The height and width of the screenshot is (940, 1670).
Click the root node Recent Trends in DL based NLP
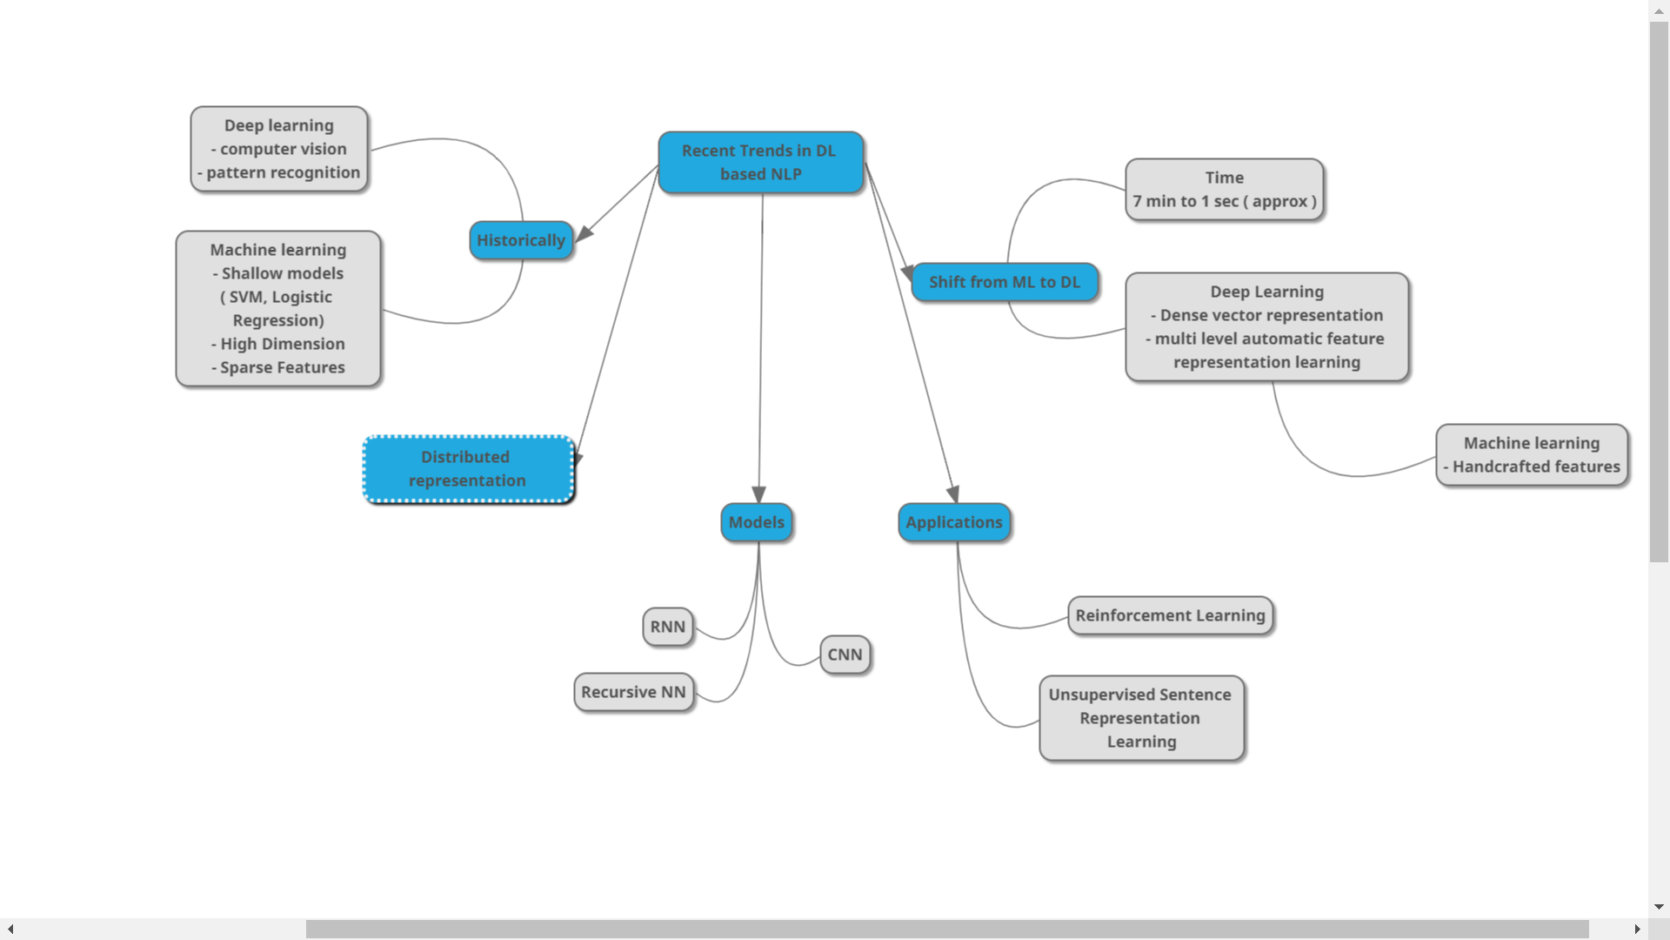760,163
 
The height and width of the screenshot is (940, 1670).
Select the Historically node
521,240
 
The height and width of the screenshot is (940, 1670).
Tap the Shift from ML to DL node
1004,282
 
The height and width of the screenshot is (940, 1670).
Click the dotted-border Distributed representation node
468,469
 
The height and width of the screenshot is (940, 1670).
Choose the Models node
756,522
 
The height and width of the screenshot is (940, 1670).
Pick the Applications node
953,522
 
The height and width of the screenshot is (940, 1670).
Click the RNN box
667,627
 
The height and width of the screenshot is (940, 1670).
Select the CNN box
844,655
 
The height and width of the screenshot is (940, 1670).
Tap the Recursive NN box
633,692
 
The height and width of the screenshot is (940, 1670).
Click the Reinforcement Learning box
1170,615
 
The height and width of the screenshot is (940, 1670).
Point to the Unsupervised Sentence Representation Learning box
1140,718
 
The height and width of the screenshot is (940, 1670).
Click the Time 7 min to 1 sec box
1224,190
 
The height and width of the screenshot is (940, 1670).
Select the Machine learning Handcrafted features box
1531,455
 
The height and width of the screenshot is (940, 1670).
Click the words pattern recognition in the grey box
283,172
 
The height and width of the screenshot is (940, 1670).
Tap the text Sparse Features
282,367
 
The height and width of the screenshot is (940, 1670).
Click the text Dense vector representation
1271,315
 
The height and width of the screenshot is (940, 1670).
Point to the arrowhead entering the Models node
758,494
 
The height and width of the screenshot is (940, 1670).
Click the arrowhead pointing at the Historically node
584,233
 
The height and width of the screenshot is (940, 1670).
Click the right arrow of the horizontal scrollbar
1637,930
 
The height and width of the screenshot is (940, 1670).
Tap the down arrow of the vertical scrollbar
1659,907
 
